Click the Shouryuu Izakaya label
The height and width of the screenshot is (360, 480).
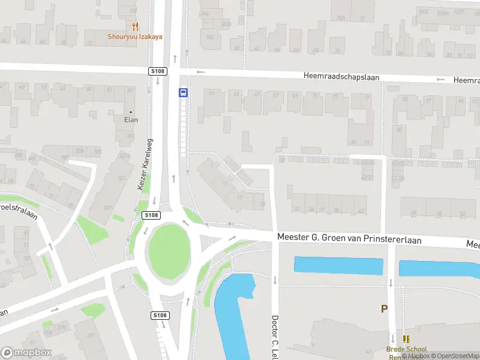[135, 36]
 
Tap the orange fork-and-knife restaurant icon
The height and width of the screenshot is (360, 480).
[135, 26]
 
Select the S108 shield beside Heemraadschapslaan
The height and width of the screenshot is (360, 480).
[157, 71]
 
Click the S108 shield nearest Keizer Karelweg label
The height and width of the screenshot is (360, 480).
[151, 215]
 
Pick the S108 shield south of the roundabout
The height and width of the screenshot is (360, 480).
[160, 316]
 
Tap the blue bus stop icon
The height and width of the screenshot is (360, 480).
[182, 92]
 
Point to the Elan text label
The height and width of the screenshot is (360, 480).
[131, 119]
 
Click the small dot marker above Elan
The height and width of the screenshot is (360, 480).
[131, 112]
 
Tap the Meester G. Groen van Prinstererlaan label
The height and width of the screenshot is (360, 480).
[349, 238]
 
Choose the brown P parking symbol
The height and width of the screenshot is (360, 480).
[385, 309]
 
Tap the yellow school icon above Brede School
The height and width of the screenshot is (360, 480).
[406, 339]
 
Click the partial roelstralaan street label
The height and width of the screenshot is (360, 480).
[18, 210]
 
